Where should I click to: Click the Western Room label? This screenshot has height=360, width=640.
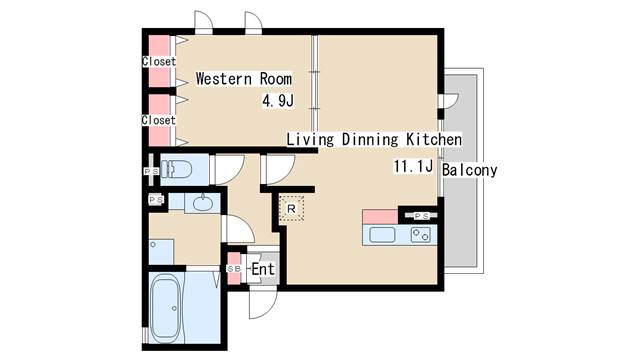(243, 78)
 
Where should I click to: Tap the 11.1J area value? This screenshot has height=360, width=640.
(412, 168)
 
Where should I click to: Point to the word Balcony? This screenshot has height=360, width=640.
(469, 170)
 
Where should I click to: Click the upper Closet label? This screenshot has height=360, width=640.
(158, 62)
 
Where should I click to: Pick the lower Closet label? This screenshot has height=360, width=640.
(158, 120)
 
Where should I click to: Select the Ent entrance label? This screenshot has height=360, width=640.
(263, 269)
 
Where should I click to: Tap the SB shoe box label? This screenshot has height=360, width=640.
(234, 269)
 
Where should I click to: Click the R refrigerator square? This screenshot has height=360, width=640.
(291, 208)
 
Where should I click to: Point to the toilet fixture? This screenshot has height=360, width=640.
(180, 169)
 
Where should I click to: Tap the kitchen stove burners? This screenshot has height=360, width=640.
(420, 236)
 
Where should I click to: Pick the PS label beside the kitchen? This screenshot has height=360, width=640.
(421, 215)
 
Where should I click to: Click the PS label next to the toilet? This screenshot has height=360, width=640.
(151, 171)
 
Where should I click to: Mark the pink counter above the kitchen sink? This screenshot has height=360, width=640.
(379, 217)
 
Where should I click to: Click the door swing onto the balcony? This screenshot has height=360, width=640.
(449, 101)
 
